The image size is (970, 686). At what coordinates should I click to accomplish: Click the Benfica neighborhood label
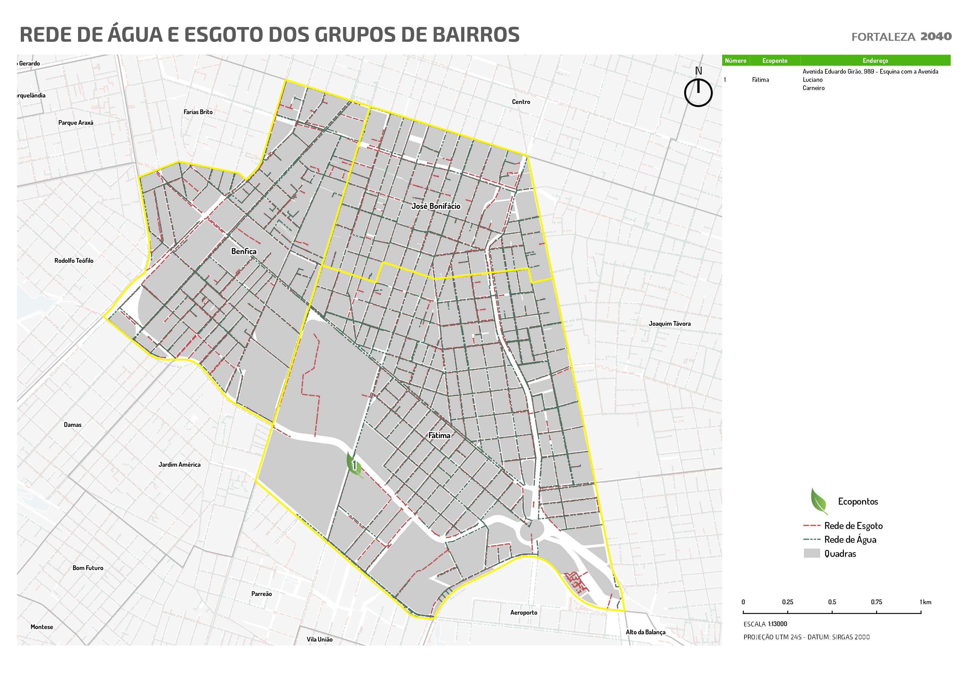pyautogui.click(x=244, y=251)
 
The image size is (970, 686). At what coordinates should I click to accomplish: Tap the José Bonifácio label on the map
pyautogui.click(x=436, y=206)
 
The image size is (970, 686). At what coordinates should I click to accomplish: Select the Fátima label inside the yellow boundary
pyautogui.click(x=439, y=435)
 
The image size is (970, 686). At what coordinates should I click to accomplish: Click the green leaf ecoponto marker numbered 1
pyautogui.click(x=354, y=465)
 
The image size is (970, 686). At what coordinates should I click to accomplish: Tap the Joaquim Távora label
pyautogui.click(x=670, y=324)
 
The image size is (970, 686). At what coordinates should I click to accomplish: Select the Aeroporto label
pyautogui.click(x=524, y=612)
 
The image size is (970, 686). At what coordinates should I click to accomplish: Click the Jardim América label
pyautogui.click(x=180, y=464)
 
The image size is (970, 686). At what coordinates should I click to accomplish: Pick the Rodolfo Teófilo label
pyautogui.click(x=74, y=261)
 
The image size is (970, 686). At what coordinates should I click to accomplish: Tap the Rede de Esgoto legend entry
pyautogui.click(x=853, y=526)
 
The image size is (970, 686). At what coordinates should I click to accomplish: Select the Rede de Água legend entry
pyautogui.click(x=850, y=540)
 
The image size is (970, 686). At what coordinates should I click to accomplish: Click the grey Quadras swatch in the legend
pyautogui.click(x=812, y=553)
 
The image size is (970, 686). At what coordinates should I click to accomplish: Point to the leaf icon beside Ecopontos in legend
pyautogui.click(x=819, y=501)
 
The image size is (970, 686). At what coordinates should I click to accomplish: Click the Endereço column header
pyautogui.click(x=875, y=61)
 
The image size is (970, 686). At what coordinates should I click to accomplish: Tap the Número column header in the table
pyautogui.click(x=735, y=61)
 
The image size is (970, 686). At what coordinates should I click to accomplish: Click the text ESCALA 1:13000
pyautogui.click(x=765, y=624)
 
